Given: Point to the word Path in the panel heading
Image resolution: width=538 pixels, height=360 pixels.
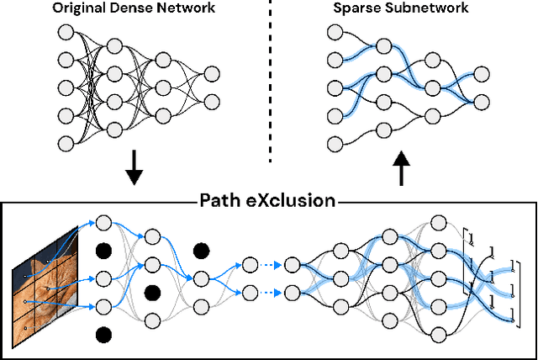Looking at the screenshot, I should [x=221, y=201].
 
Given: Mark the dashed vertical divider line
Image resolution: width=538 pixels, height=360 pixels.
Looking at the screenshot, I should [x=269, y=84].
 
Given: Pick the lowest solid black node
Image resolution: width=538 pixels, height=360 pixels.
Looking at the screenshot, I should [x=103, y=335].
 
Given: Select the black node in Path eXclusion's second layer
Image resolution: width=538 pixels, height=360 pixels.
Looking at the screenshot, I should [x=152, y=292].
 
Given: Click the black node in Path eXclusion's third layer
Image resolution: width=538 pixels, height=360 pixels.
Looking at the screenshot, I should [x=201, y=250].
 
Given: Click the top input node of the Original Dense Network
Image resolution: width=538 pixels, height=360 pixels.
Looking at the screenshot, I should [x=66, y=32].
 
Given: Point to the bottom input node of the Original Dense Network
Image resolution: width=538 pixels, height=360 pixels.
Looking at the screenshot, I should [x=66, y=141].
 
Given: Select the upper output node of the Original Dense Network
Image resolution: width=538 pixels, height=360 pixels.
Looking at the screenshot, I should [x=212, y=74].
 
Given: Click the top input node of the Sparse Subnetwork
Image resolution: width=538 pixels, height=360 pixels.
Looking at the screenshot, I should [x=335, y=32].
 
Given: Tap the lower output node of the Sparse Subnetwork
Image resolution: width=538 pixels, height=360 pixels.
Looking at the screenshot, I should [x=481, y=101].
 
